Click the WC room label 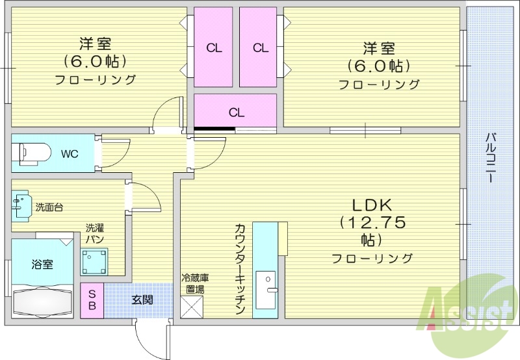[70, 154]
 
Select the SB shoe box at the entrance [92, 300]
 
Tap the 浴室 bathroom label [43, 264]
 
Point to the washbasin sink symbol [21, 204]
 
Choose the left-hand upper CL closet [213, 47]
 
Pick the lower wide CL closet [236, 112]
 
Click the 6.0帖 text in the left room [95, 62]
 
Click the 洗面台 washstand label [49, 208]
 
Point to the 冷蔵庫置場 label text [194, 283]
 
